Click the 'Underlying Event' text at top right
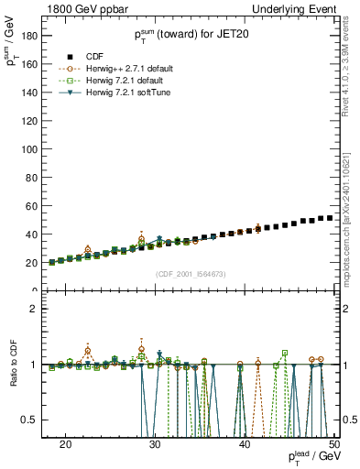(x=293, y=8)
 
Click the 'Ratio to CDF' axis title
(x=13, y=364)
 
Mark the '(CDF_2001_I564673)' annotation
(x=191, y=274)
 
